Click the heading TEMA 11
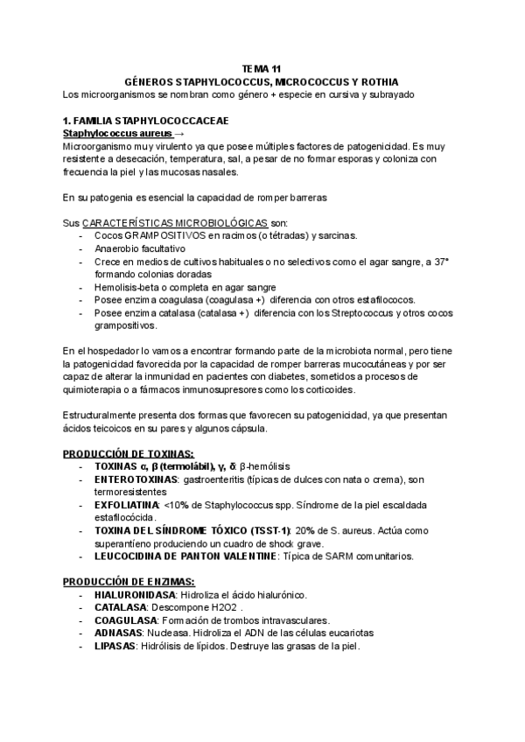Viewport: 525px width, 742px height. click(x=262, y=67)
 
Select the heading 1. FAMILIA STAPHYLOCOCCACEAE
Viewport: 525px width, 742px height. click(x=146, y=120)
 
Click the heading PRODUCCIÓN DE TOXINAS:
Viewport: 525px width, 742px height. click(x=129, y=453)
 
